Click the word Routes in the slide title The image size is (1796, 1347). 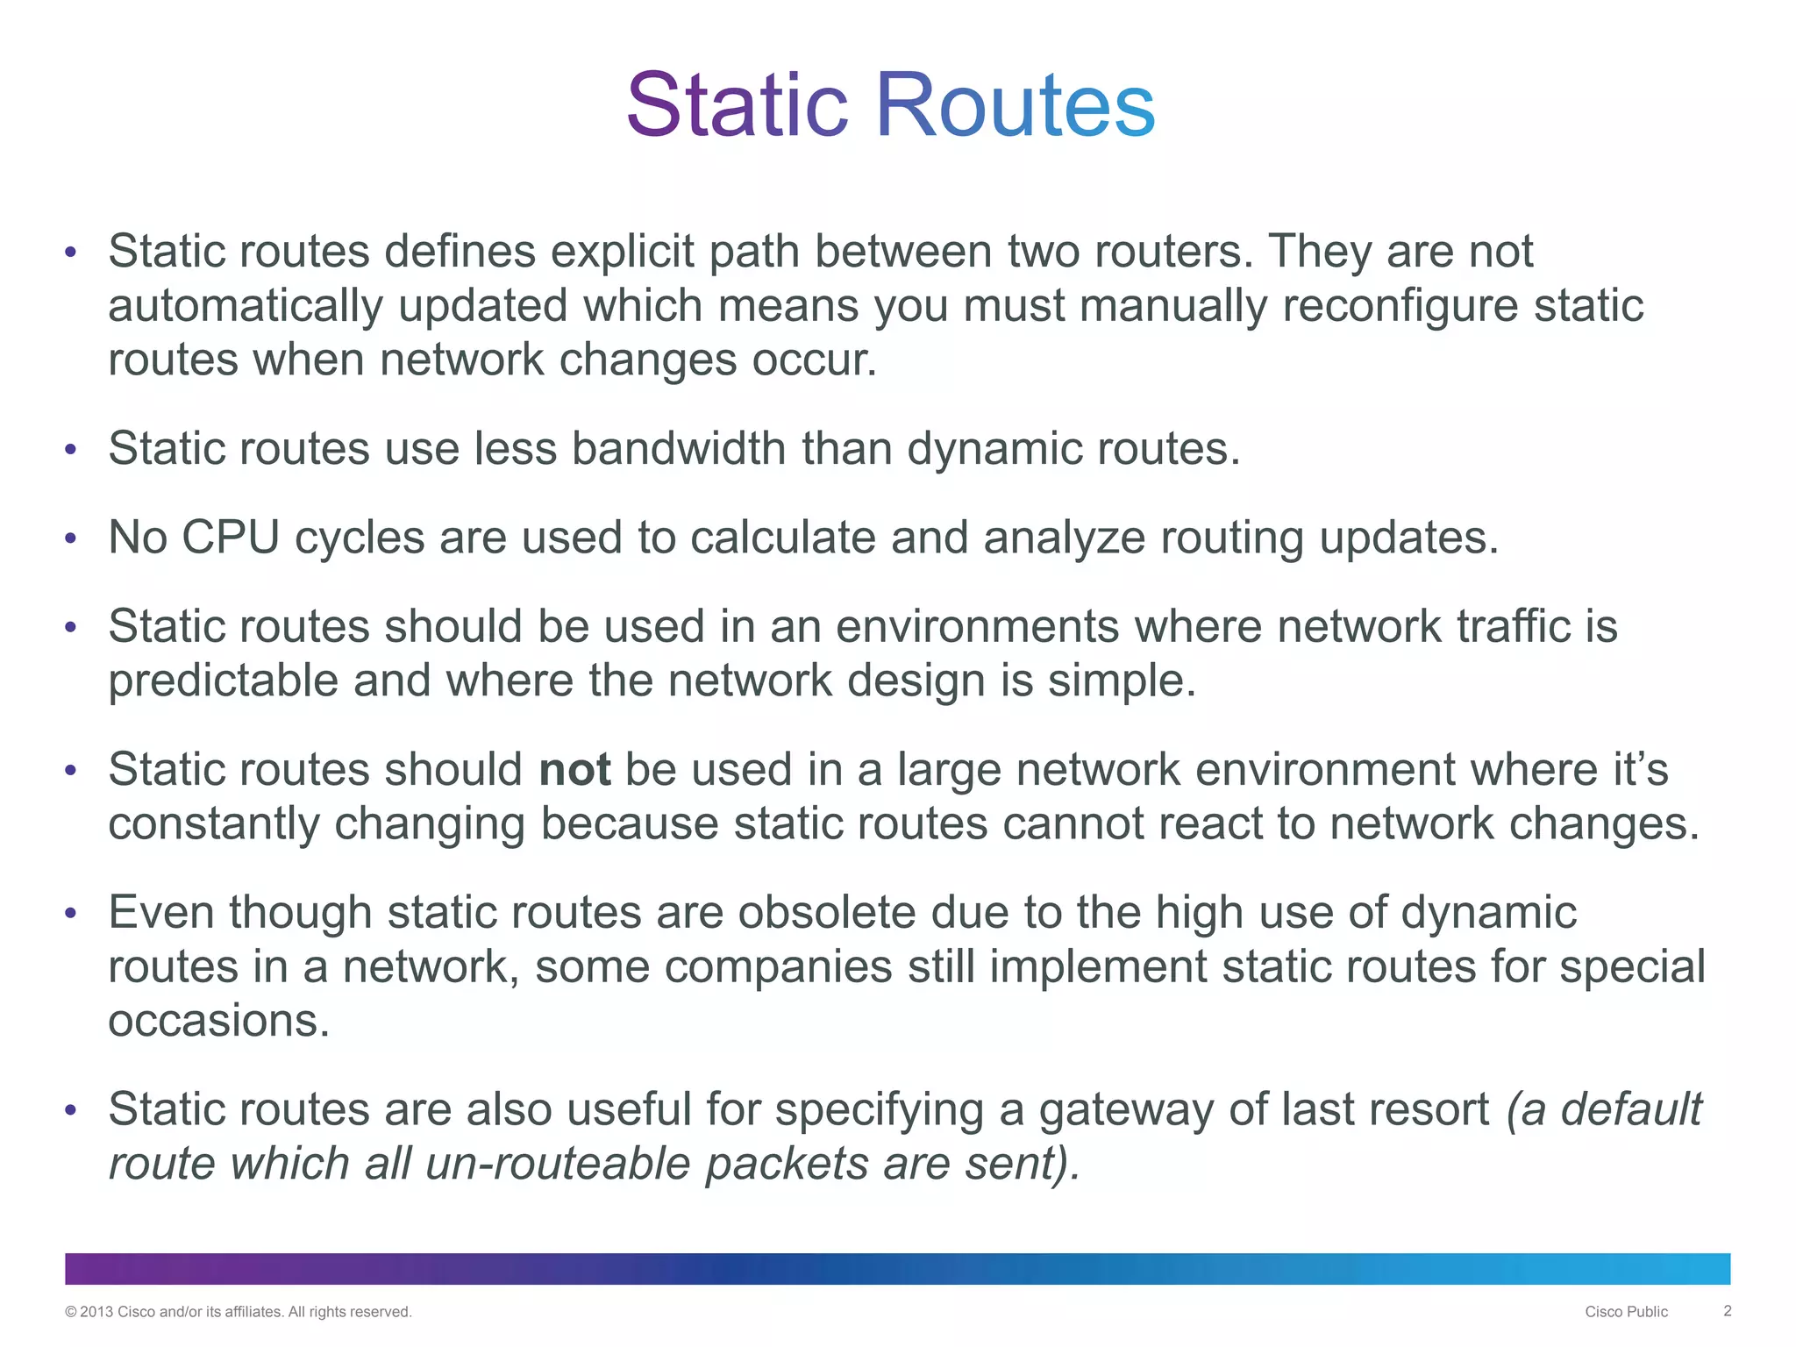pos(1015,105)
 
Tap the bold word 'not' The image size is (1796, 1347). pos(574,769)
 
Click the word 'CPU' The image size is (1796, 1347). pos(231,537)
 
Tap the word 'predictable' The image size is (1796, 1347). pos(223,681)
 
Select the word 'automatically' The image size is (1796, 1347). pos(246,306)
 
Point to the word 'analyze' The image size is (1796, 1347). pos(1064,538)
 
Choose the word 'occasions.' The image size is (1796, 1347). pos(218,1021)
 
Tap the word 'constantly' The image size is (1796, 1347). pos(213,824)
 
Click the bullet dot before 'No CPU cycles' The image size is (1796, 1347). pos(71,538)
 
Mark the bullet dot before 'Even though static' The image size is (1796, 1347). pos(71,914)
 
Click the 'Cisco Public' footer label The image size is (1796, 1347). pos(1626,1312)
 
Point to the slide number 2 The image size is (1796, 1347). pos(1727,1311)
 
